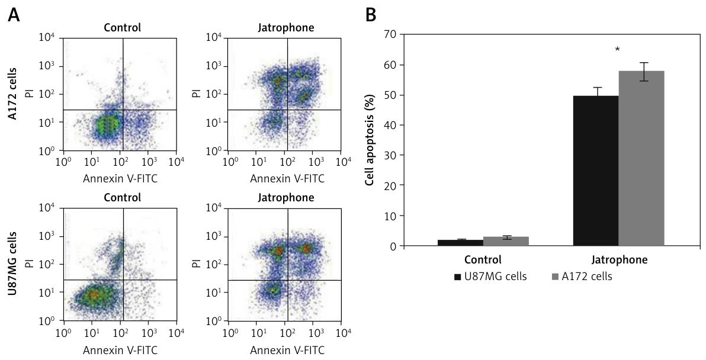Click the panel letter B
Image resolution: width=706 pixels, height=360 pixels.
point(371,15)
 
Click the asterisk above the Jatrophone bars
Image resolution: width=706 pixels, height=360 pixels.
point(618,50)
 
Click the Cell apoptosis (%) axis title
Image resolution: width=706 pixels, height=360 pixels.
point(370,140)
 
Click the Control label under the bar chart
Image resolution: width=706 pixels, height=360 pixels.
point(483,259)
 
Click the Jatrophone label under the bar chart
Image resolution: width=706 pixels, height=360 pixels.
point(620,259)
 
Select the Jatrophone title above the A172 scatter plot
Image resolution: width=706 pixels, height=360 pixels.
point(286,27)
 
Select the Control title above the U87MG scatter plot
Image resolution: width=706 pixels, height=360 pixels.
point(122,197)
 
